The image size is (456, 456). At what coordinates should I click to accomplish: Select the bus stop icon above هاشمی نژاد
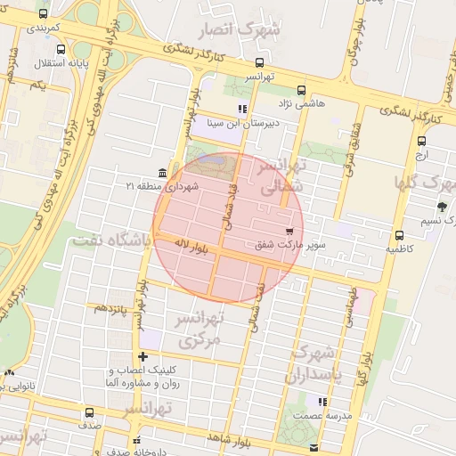click(x=301, y=90)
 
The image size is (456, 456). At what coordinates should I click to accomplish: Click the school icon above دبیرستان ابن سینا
click(x=241, y=110)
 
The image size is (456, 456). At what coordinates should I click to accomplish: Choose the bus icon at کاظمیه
click(x=399, y=236)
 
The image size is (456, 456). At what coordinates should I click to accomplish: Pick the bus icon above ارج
click(x=421, y=140)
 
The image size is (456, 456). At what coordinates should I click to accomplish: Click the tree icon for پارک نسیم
click(x=442, y=206)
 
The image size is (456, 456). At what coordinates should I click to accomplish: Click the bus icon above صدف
click(x=88, y=412)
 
